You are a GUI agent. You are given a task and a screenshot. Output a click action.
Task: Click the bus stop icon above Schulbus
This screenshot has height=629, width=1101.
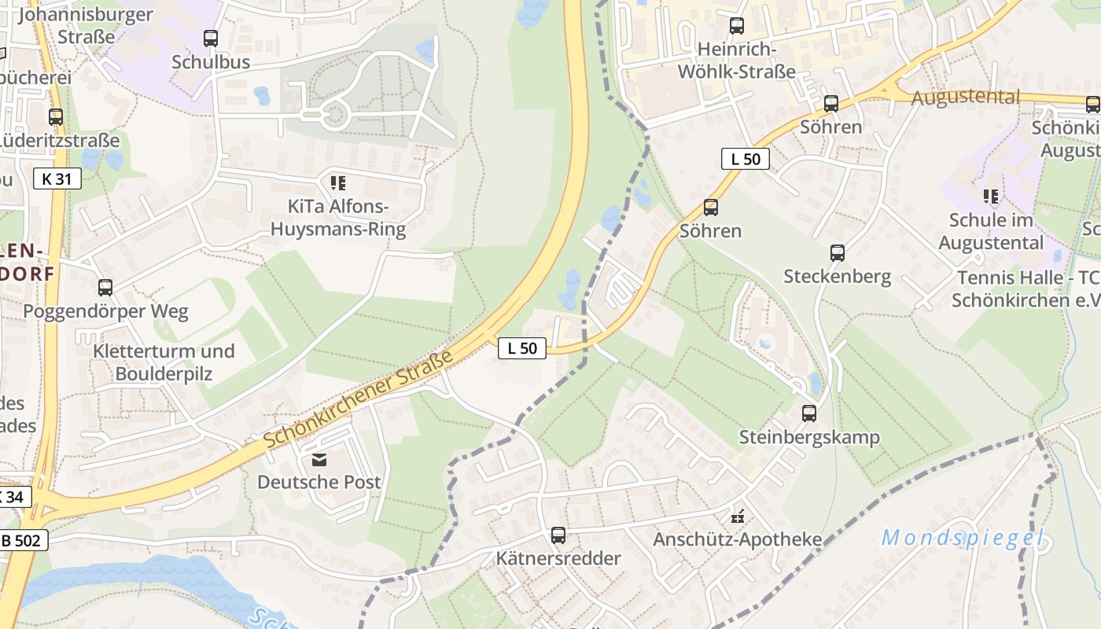[x=211, y=38]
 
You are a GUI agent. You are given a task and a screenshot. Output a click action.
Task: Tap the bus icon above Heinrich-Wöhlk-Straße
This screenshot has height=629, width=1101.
[x=737, y=26]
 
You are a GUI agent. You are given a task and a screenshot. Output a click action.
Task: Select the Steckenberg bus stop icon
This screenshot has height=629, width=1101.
[x=838, y=252]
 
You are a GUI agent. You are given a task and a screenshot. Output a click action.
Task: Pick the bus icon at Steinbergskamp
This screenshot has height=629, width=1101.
[x=809, y=413]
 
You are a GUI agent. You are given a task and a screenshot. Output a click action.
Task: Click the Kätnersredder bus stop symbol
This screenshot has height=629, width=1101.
[x=558, y=535]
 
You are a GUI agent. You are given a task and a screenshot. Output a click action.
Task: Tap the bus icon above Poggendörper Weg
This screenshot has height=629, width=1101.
[x=105, y=288]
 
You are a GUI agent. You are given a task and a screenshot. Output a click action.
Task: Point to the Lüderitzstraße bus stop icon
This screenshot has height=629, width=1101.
[x=56, y=117]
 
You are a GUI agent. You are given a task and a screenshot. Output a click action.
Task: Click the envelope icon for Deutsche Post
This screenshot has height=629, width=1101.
[x=319, y=459]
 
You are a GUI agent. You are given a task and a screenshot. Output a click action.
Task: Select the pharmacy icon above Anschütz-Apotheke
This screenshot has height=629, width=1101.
[x=738, y=517]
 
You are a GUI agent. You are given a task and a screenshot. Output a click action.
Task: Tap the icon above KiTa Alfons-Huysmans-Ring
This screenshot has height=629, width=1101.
[x=338, y=183]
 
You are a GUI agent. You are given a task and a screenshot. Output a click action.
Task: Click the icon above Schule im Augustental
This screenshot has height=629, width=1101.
[x=991, y=196]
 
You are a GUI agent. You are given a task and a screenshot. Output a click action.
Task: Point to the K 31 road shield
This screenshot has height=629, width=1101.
[x=57, y=178]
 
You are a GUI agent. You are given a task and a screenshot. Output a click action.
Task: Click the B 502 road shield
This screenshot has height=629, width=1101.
[x=24, y=540]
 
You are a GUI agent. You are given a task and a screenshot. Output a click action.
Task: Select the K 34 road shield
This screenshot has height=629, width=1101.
[x=14, y=497]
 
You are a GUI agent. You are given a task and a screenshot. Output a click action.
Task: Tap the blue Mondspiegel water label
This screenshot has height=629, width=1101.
[x=963, y=539]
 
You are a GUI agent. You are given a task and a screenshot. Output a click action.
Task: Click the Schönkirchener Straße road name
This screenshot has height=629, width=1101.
[x=359, y=400]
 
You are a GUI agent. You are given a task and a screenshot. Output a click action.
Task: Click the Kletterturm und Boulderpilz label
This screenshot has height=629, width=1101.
[x=164, y=362]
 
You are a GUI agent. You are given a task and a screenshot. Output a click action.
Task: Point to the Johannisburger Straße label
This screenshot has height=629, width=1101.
[x=83, y=25]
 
